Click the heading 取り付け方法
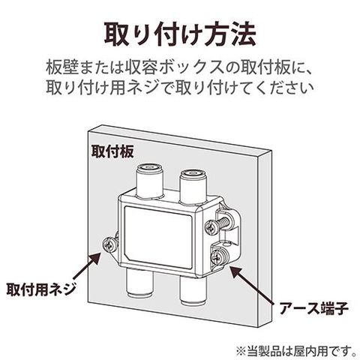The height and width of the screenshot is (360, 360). click(x=180, y=34)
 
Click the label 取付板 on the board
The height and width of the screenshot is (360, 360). click(x=112, y=151)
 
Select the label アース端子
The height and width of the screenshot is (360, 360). click(x=314, y=308)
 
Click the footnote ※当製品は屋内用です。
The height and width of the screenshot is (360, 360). click(x=297, y=350)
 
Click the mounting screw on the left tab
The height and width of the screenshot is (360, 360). click(x=109, y=244)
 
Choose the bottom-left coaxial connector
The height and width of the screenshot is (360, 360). click(x=138, y=283)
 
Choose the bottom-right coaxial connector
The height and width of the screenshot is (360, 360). click(x=193, y=289)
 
